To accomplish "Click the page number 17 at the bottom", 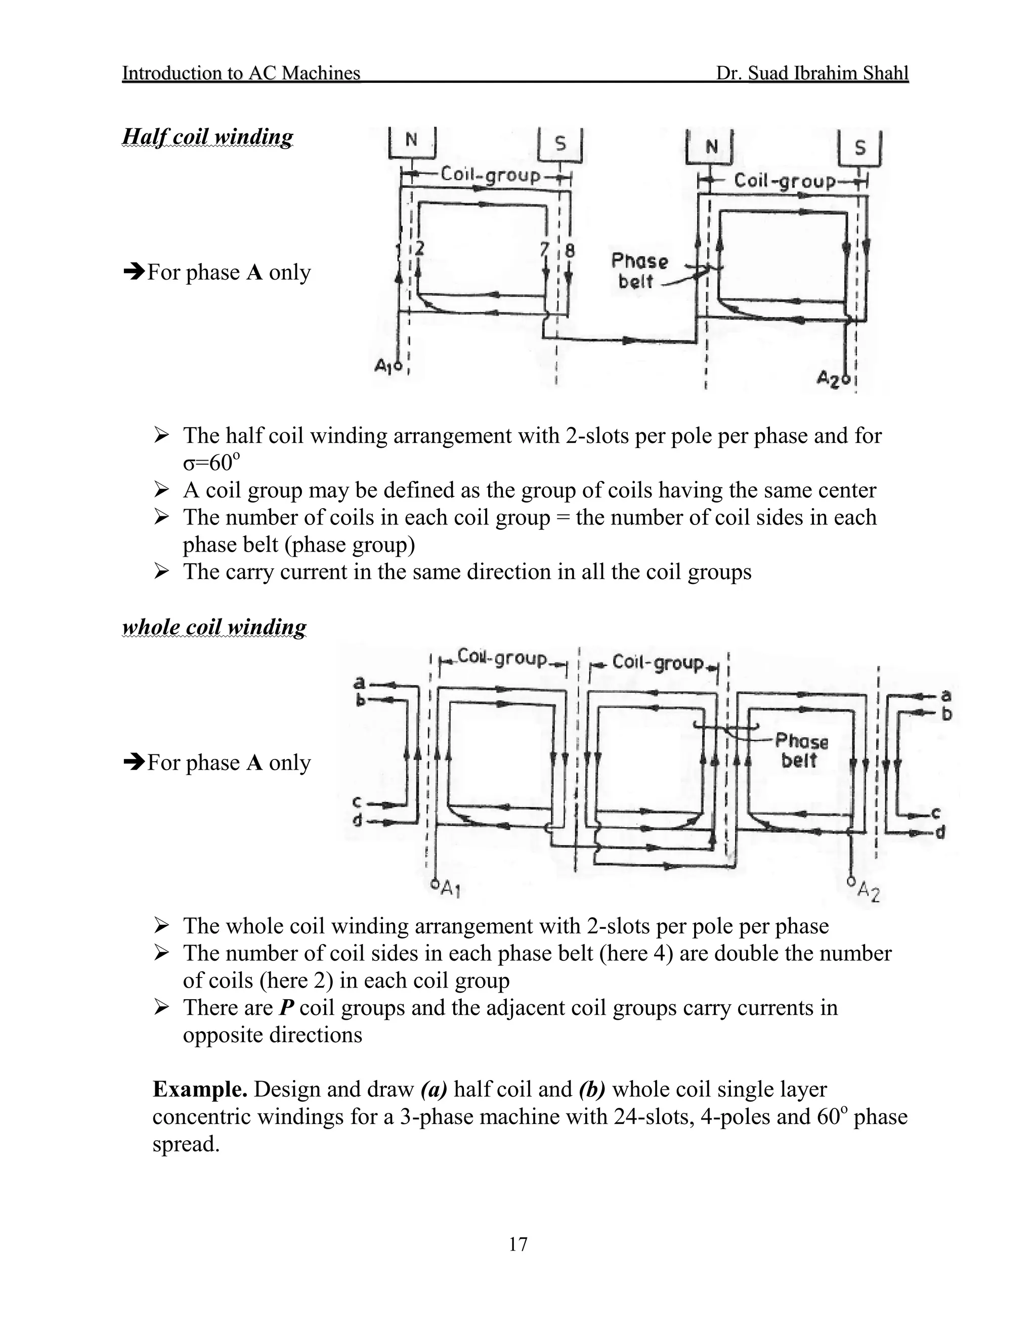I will click(x=518, y=1244).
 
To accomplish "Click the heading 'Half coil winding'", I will click(x=207, y=136).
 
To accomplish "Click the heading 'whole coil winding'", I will click(x=214, y=627).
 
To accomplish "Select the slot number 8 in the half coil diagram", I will click(x=570, y=250).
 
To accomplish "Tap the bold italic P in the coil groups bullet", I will click(x=285, y=1007).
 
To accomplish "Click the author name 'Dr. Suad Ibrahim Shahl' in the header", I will click(x=811, y=73).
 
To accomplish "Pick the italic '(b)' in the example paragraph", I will click(x=592, y=1089).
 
